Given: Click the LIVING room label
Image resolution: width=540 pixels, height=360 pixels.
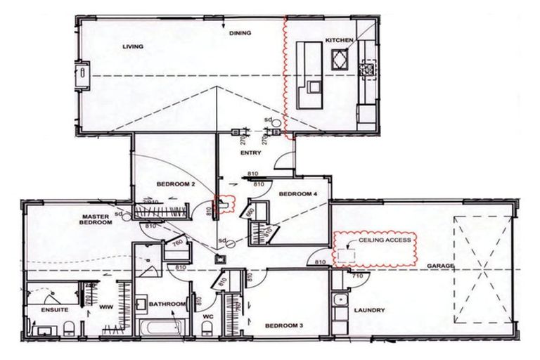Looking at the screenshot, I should tap(132, 47).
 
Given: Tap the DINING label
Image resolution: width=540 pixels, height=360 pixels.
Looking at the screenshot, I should tap(240, 33).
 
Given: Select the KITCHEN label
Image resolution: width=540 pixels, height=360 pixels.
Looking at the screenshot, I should tap(338, 41).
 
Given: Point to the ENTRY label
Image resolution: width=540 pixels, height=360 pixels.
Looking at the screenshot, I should tap(250, 153).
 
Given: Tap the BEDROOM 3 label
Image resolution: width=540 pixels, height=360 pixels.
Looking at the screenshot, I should tap(283, 326).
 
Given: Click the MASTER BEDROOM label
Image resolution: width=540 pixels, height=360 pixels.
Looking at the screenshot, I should tap(97, 219).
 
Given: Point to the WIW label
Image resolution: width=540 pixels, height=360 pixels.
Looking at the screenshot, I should tap(106, 307).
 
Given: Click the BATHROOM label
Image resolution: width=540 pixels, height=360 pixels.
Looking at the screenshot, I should tap(166, 304).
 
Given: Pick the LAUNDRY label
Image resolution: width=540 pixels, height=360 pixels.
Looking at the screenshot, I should tap(368, 309).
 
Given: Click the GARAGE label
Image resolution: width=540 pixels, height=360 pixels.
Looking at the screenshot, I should tap(439, 266).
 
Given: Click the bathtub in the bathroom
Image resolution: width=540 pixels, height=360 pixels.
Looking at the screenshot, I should tap(160, 328).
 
